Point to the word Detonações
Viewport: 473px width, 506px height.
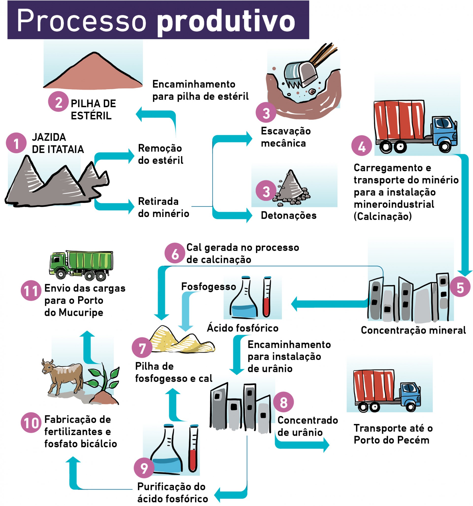coord(288,216)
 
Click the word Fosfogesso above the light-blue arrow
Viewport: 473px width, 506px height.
coord(208,287)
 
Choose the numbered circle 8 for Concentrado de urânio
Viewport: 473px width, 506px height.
coord(283,402)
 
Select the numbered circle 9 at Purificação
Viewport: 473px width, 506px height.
coord(144,468)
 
